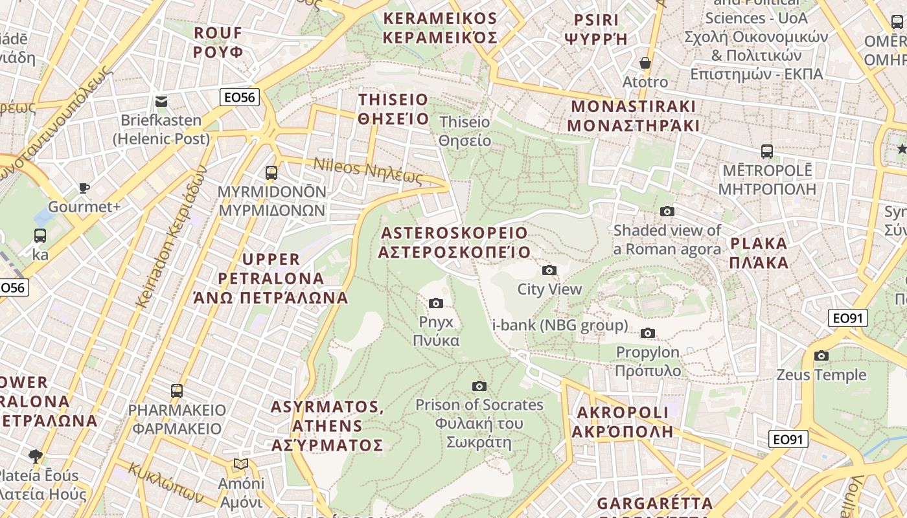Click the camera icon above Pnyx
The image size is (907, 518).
click(x=436, y=303)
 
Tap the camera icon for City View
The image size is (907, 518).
click(x=549, y=270)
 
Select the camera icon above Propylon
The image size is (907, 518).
click(x=647, y=333)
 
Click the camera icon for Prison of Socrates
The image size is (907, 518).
click(x=479, y=386)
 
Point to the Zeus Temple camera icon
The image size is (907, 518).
click(x=821, y=355)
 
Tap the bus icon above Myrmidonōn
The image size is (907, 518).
click(x=271, y=173)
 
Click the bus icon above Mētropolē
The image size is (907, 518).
click(x=767, y=152)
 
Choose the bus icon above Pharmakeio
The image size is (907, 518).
click(x=177, y=390)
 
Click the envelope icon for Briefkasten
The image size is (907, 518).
click(x=161, y=101)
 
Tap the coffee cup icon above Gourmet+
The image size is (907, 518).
click(x=84, y=188)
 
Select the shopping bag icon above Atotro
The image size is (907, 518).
click(x=645, y=63)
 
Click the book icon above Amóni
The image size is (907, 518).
click(x=241, y=464)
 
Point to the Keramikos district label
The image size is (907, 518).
click(x=440, y=28)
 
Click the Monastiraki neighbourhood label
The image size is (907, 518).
click(x=634, y=116)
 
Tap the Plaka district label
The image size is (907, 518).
click(x=759, y=253)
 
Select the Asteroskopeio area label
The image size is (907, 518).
click(x=454, y=242)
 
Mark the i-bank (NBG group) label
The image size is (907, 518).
click(x=560, y=325)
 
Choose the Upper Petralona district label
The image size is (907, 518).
click(x=271, y=278)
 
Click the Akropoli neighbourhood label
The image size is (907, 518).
click(x=623, y=422)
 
